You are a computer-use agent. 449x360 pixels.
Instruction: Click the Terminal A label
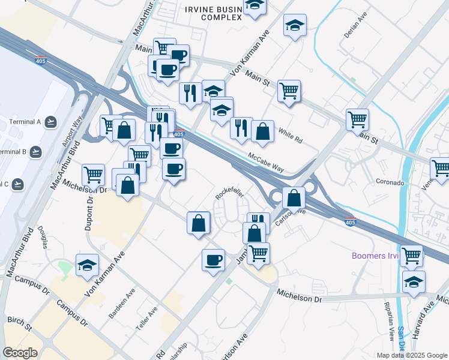[x=25, y=122]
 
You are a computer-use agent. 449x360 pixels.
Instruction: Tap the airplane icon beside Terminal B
[x=35, y=151]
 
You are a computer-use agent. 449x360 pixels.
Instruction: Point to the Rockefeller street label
[x=231, y=193]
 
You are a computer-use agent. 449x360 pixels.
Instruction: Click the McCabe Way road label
[x=266, y=163]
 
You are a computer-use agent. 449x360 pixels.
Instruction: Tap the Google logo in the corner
[x=20, y=353]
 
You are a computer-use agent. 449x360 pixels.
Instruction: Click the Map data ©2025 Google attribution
[x=411, y=355]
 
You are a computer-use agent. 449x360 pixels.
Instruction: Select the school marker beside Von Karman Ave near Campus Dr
[x=87, y=265]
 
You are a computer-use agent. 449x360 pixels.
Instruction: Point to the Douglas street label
[x=43, y=238]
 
